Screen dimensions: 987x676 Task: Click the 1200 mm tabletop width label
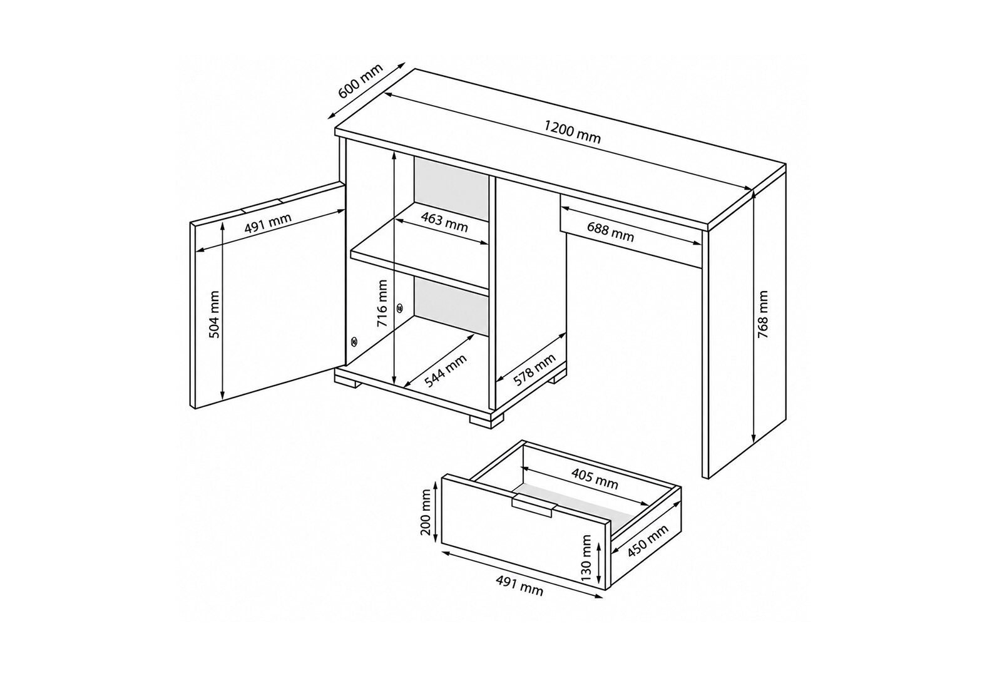point(573,132)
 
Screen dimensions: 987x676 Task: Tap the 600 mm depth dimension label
point(361,87)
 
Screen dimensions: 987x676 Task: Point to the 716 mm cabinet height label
point(382,303)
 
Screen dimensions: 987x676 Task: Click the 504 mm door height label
point(214,314)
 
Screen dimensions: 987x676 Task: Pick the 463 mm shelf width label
point(444,222)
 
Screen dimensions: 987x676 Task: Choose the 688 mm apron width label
point(610,232)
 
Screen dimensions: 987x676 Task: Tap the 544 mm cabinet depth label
point(446,371)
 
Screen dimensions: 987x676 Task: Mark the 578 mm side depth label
point(534,370)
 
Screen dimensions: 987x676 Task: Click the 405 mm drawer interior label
point(595,479)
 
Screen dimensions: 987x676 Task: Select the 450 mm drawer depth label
point(647,541)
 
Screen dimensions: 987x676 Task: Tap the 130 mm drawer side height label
point(586,558)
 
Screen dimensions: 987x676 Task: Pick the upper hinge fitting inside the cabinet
point(400,307)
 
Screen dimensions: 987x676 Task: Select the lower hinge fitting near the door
point(353,342)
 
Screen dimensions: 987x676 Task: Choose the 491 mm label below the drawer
point(519,585)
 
